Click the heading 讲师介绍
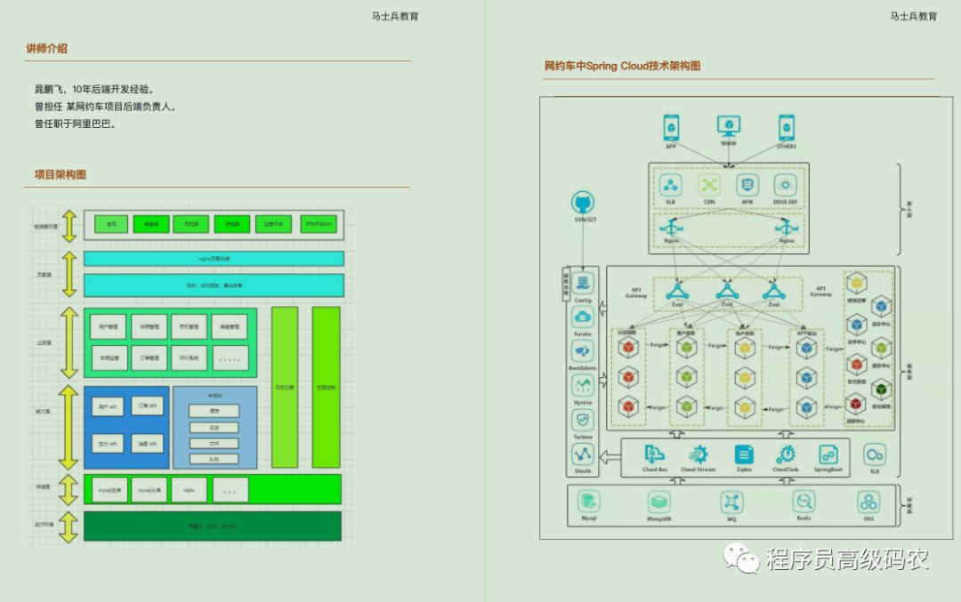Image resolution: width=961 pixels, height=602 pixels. tap(47, 49)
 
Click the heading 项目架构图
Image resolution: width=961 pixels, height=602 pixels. tap(54, 175)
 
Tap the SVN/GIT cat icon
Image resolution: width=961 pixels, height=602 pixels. tap(583, 203)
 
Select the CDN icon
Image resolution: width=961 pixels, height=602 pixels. tap(709, 185)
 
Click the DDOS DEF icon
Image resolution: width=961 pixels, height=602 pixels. tap(785, 185)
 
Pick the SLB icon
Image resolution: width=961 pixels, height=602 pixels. tap(671, 185)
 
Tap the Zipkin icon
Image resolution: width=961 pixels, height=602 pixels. tap(745, 454)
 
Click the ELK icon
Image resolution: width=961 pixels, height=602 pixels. tap(875, 454)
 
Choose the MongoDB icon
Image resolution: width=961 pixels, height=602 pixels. tap(659, 502)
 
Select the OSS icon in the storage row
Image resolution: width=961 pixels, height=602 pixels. tap(868, 502)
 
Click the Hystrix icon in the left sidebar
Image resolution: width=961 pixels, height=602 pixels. tap(583, 385)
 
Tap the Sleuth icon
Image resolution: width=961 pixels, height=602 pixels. tap(583, 454)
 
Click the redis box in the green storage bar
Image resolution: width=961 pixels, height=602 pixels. tap(189, 490)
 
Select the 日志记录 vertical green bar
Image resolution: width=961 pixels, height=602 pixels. tap(285, 387)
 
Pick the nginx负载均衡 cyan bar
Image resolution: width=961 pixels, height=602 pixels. tap(214, 259)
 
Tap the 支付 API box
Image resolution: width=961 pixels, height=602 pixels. tap(107, 443)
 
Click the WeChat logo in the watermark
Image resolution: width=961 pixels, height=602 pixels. tap(736, 558)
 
